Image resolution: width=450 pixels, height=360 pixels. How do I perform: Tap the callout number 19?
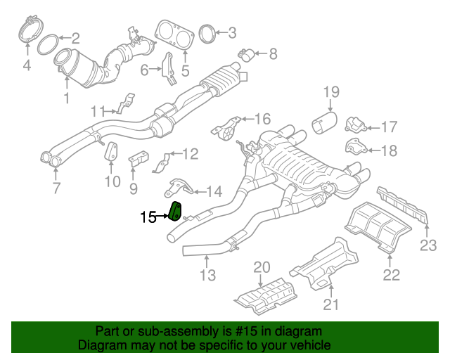(x=331, y=91)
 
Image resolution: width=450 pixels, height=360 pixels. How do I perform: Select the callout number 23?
(x=428, y=245)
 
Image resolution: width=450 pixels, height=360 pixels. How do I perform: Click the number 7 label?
(x=56, y=188)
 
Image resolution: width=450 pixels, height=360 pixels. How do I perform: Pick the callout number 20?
(x=262, y=266)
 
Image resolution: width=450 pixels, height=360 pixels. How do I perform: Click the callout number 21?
(x=330, y=304)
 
